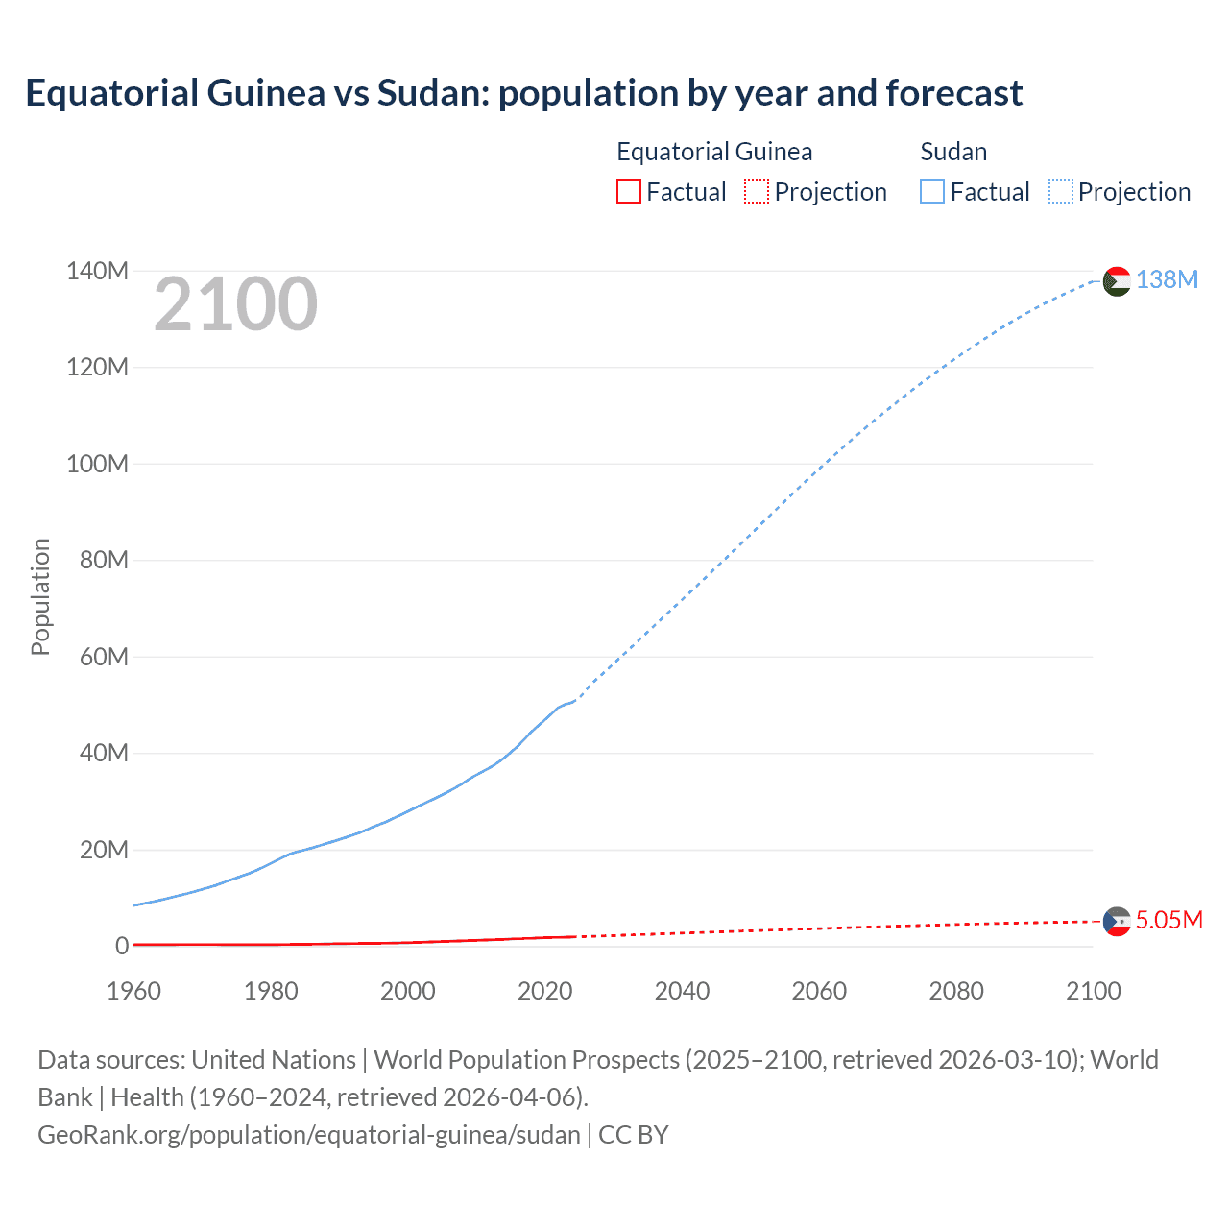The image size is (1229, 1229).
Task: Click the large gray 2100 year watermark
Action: (x=235, y=304)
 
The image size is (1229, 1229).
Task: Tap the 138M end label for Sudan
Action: (x=1167, y=279)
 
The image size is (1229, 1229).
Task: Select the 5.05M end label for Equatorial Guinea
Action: (x=1169, y=920)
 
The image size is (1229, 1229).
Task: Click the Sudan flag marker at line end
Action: (x=1117, y=281)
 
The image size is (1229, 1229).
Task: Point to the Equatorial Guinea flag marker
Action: (x=1117, y=922)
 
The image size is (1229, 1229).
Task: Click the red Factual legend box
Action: (x=628, y=191)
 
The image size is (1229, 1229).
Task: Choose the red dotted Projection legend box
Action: (x=757, y=191)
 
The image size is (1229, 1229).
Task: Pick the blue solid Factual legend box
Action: (x=932, y=191)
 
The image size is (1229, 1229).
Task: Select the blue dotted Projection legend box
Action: (x=1061, y=191)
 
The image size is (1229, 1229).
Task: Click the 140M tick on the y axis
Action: (x=97, y=271)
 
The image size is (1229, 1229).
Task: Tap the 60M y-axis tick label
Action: (x=104, y=657)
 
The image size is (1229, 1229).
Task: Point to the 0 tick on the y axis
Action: (x=121, y=946)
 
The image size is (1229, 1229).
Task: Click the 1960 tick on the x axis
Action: (x=133, y=991)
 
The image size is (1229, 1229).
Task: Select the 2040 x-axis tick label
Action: (x=682, y=991)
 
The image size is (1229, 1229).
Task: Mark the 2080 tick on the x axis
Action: (x=956, y=991)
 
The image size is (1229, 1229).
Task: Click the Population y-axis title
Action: (x=40, y=596)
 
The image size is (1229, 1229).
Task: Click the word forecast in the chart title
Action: (x=953, y=93)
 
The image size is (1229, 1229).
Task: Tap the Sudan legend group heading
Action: (x=953, y=152)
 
